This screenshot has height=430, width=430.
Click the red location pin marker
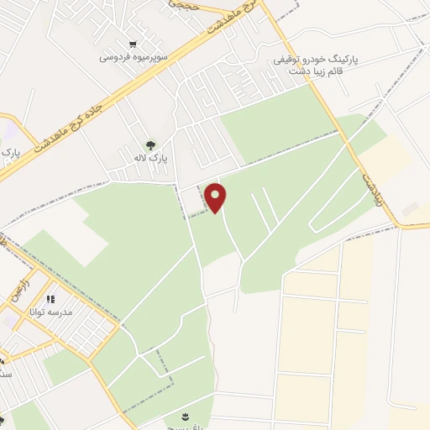[216, 197]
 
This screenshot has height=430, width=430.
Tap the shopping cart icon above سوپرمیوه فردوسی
[133, 45]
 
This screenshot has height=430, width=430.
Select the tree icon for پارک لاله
[151, 144]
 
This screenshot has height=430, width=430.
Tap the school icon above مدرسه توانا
[50, 299]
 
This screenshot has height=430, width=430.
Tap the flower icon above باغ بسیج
[186, 417]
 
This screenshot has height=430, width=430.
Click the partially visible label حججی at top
[183, 4]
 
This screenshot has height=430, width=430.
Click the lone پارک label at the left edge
[10, 154]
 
